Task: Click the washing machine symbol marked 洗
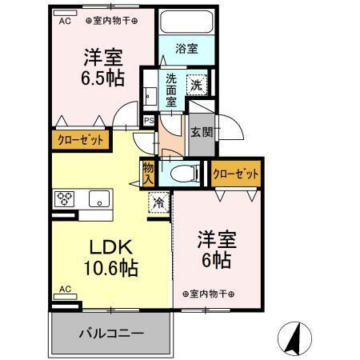pyautogui.click(x=197, y=82)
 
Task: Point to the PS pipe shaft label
pyautogui.click(x=148, y=121)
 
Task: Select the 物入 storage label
pyautogui.click(x=149, y=172)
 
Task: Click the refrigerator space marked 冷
pyautogui.click(x=160, y=203)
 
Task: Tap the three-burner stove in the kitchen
pyautogui.click(x=65, y=198)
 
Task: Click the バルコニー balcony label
pyautogui.click(x=111, y=333)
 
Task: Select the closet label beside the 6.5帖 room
pyautogui.click(x=80, y=140)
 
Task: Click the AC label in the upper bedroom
pyautogui.click(x=64, y=22)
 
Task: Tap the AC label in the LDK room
pyautogui.click(x=66, y=289)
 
